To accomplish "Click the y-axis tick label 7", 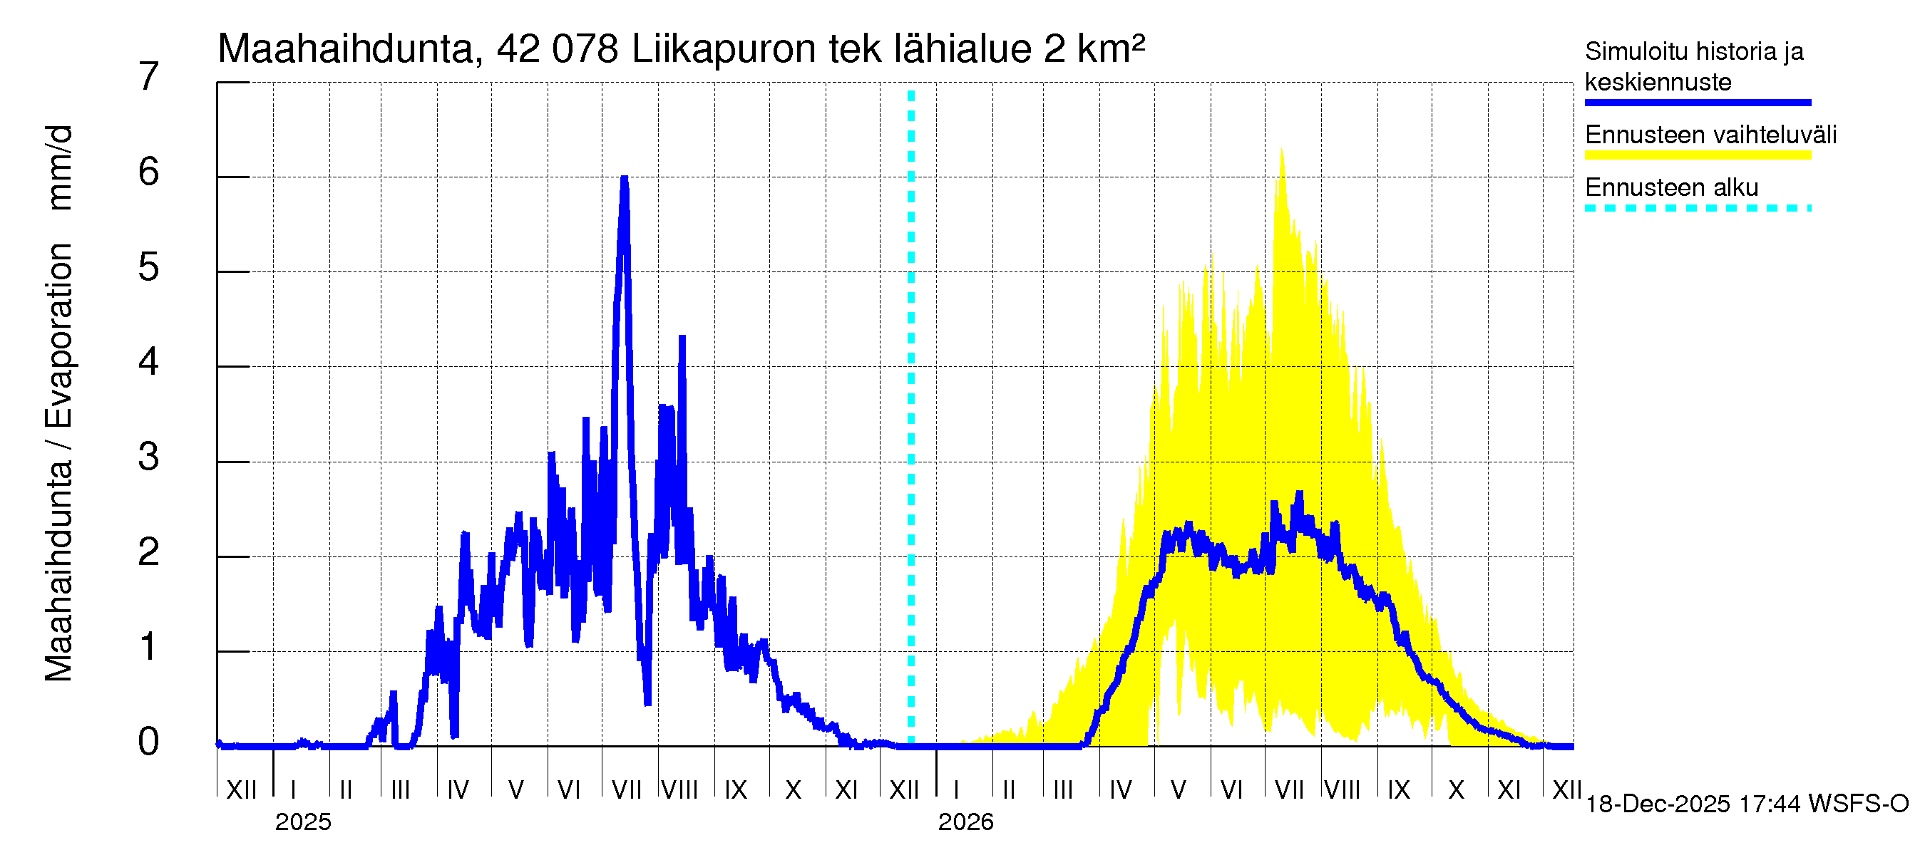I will (149, 77).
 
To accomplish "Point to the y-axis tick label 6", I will (149, 172).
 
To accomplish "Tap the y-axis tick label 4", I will (149, 362).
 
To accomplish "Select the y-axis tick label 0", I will (149, 742).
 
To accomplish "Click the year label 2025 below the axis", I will (302, 822).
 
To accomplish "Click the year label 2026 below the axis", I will (965, 822).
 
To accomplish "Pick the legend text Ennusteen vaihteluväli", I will (1710, 135).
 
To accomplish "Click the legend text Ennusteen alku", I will (1672, 187).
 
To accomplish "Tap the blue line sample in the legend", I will (1698, 103).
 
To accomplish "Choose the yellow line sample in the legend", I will (1698, 155).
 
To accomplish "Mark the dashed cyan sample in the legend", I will (1698, 208).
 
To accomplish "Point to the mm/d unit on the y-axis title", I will (59, 168).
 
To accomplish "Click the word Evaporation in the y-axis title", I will (59, 336).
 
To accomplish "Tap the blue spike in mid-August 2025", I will (682, 338).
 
